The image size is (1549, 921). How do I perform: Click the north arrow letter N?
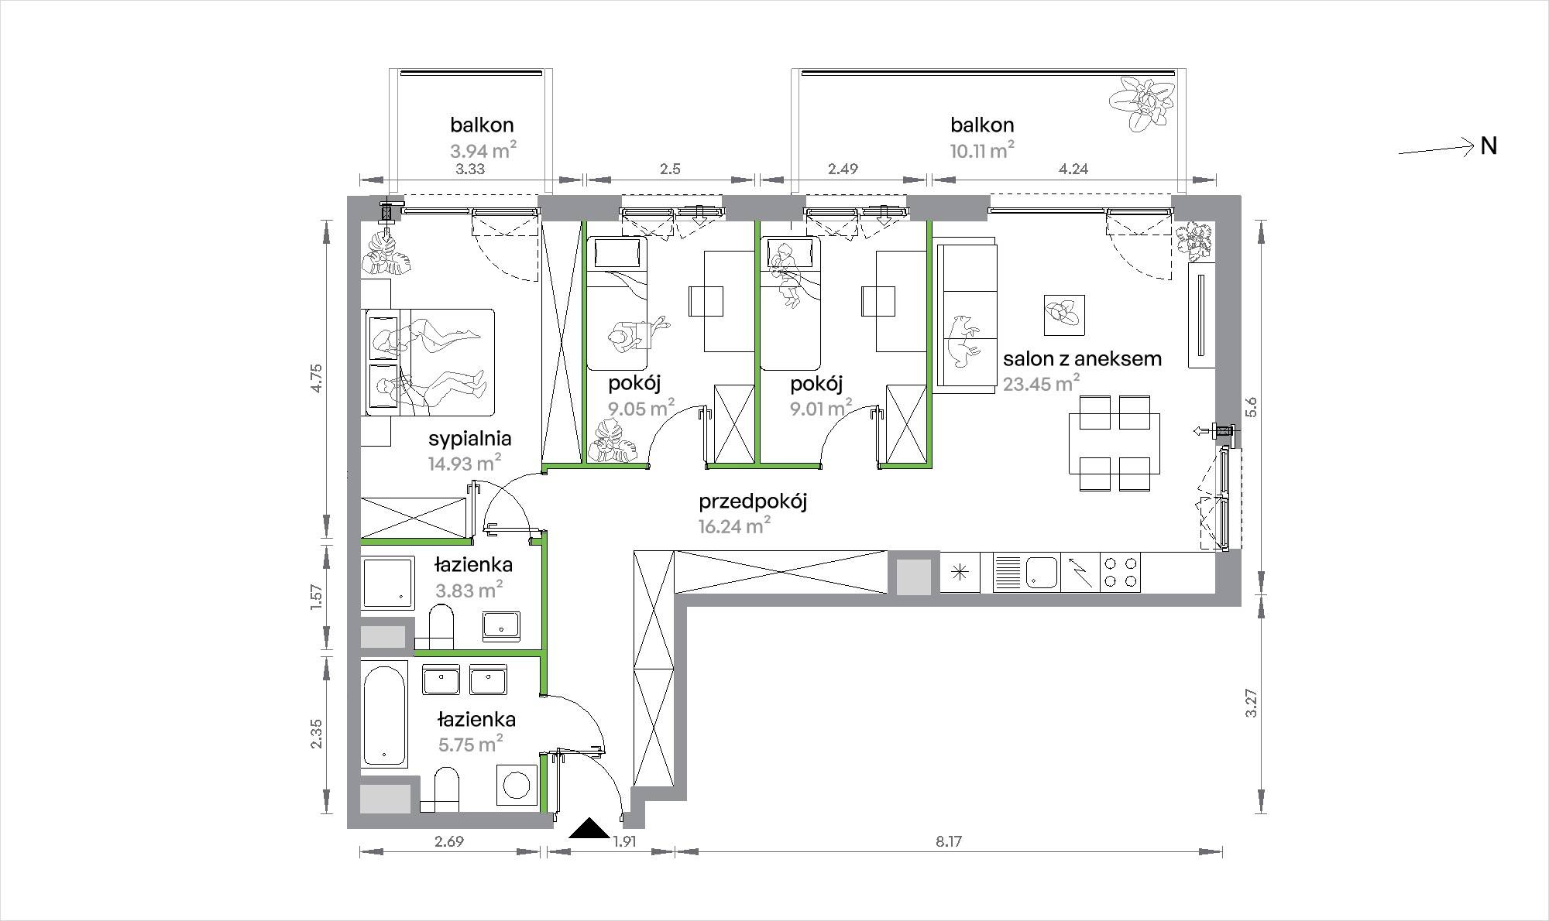click(x=1489, y=146)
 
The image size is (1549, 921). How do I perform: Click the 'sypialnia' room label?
click(x=470, y=439)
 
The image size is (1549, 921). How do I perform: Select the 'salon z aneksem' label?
click(x=1082, y=358)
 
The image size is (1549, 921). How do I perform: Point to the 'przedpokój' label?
click(x=753, y=502)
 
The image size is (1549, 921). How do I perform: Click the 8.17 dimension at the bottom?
click(x=948, y=841)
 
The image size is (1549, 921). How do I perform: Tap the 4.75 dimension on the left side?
click(x=314, y=378)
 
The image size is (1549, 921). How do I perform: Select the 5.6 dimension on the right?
click(x=1252, y=407)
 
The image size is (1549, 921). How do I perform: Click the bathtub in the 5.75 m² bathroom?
click(x=384, y=713)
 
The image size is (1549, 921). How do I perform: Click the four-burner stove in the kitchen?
click(x=1120, y=573)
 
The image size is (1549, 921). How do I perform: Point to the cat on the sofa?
click(x=963, y=340)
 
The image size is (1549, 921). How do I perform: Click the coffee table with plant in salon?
click(x=1064, y=315)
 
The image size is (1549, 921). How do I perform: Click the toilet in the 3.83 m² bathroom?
click(x=441, y=628)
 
